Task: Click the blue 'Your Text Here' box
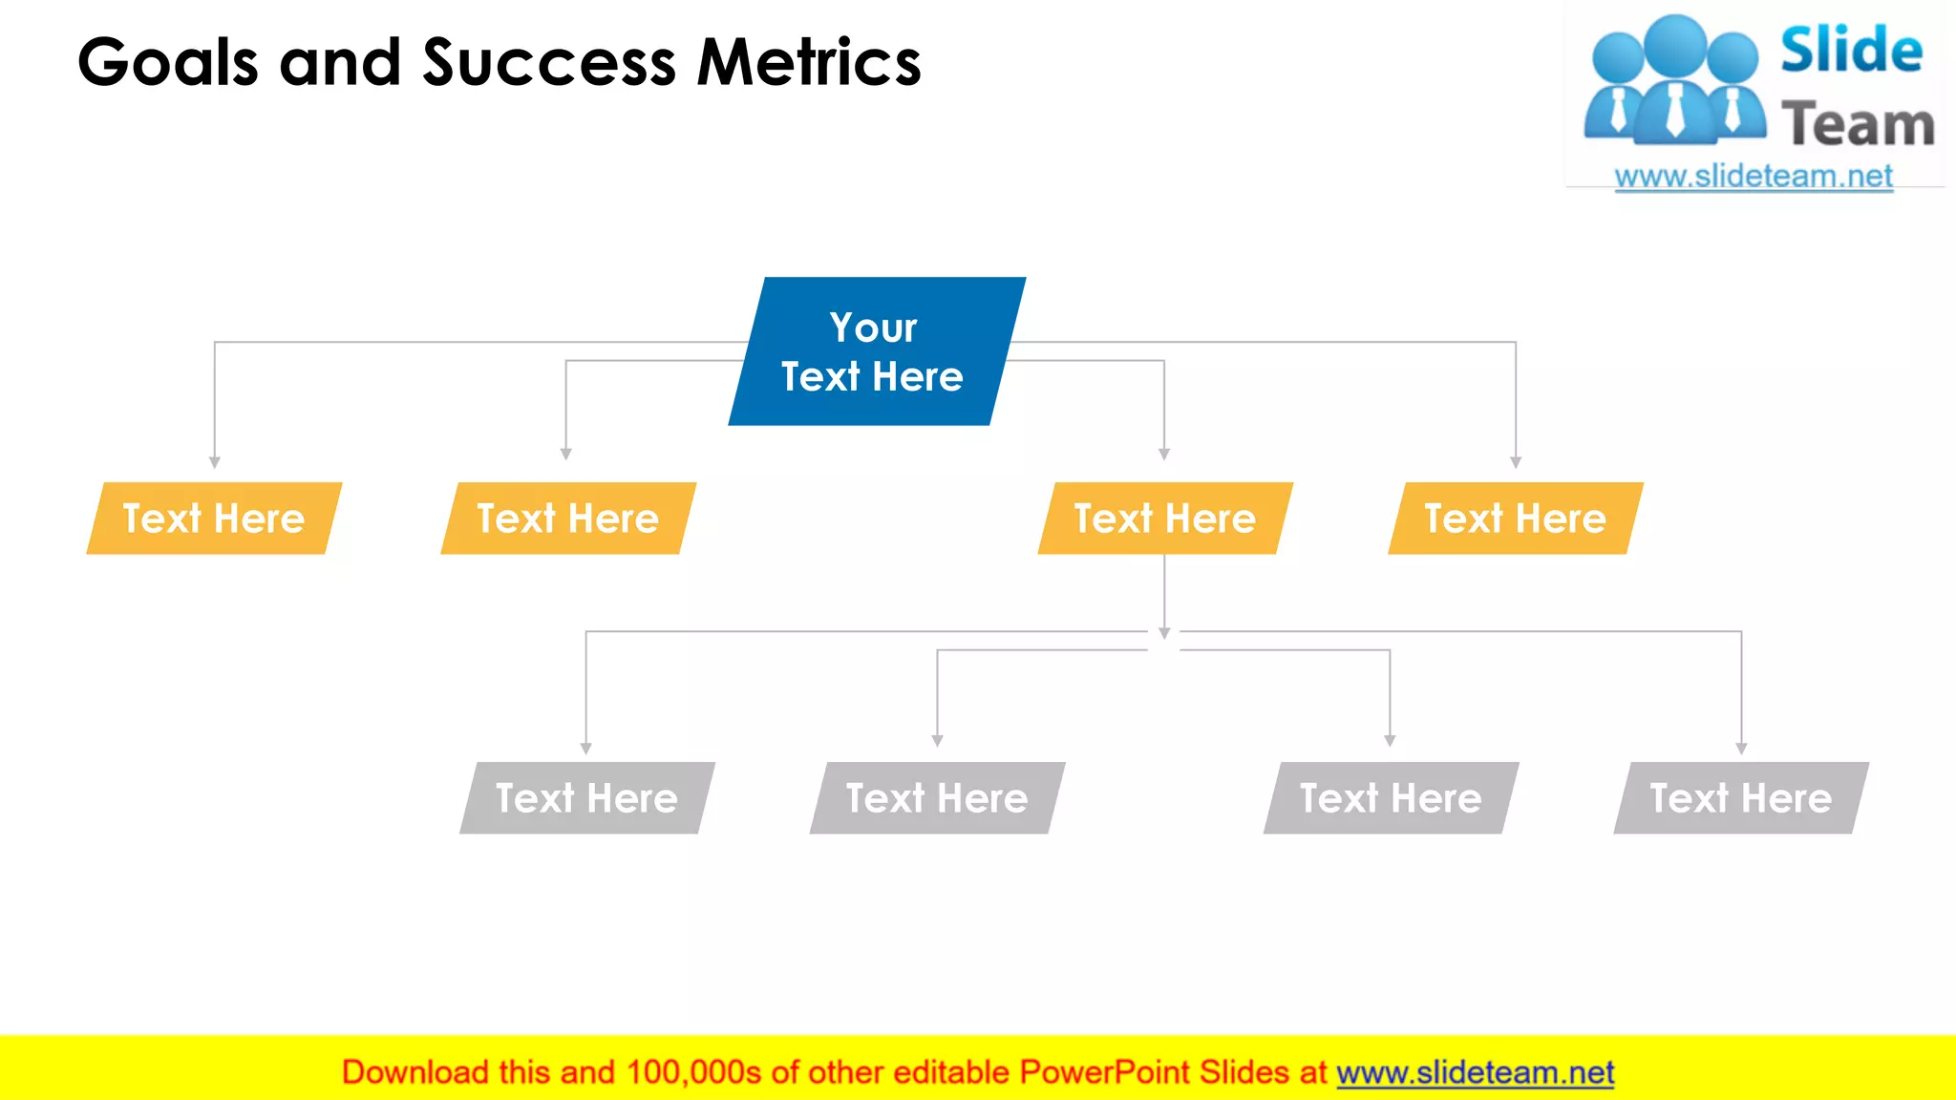pyautogui.click(x=876, y=351)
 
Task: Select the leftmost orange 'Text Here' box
pyautogui.click(x=214, y=518)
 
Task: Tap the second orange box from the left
pyautogui.click(x=568, y=518)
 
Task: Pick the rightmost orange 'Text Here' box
pyautogui.click(x=1516, y=518)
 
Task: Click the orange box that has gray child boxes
pyautogui.click(x=1165, y=518)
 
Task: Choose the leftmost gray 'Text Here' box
pyautogui.click(x=586, y=798)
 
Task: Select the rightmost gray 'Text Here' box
pyautogui.click(x=1741, y=798)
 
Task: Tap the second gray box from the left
pyautogui.click(x=937, y=798)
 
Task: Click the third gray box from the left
pyautogui.click(x=1391, y=798)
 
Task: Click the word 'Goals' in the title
pyautogui.click(x=168, y=63)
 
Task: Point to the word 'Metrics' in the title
pyautogui.click(x=809, y=63)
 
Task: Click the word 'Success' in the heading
pyautogui.click(x=549, y=63)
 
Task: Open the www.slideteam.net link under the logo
pyautogui.click(x=1754, y=177)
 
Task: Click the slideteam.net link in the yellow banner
pyautogui.click(x=1475, y=1072)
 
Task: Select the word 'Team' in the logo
pyautogui.click(x=1858, y=125)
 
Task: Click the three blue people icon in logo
pyautogui.click(x=1673, y=82)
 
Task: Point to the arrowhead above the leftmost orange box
pyautogui.click(x=215, y=462)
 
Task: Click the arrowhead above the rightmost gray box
pyautogui.click(x=1741, y=749)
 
